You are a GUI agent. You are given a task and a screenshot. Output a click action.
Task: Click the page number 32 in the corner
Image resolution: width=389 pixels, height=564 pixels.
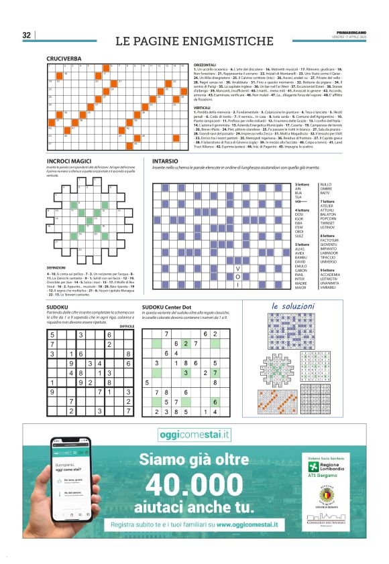coord(27,35)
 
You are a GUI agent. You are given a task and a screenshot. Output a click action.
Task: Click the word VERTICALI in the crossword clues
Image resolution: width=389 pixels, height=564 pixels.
coord(204,107)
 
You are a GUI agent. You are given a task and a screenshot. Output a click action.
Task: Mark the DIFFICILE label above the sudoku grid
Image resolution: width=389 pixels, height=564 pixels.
coord(126,326)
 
